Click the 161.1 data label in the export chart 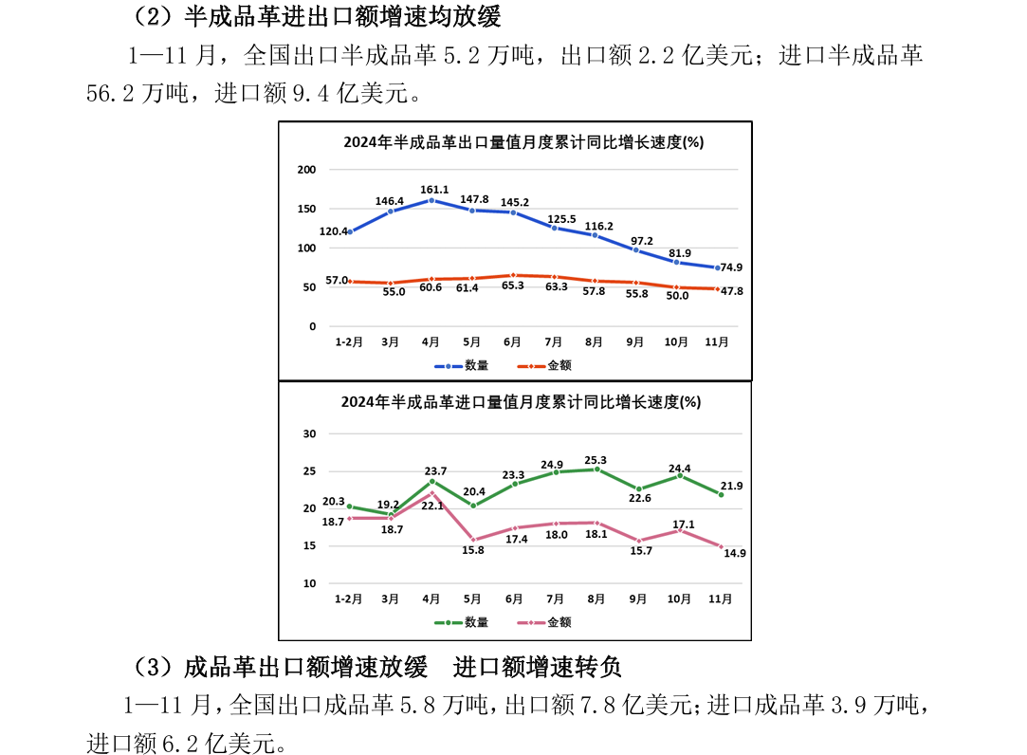click(x=431, y=190)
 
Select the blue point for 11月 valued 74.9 click(x=718, y=267)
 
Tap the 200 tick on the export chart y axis click(x=305, y=170)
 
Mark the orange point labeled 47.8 click(x=718, y=288)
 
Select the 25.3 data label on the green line click(x=596, y=459)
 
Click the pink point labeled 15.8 click(x=472, y=540)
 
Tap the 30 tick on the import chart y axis click(x=309, y=433)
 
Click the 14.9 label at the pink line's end click(x=735, y=553)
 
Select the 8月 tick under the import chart click(x=596, y=598)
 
